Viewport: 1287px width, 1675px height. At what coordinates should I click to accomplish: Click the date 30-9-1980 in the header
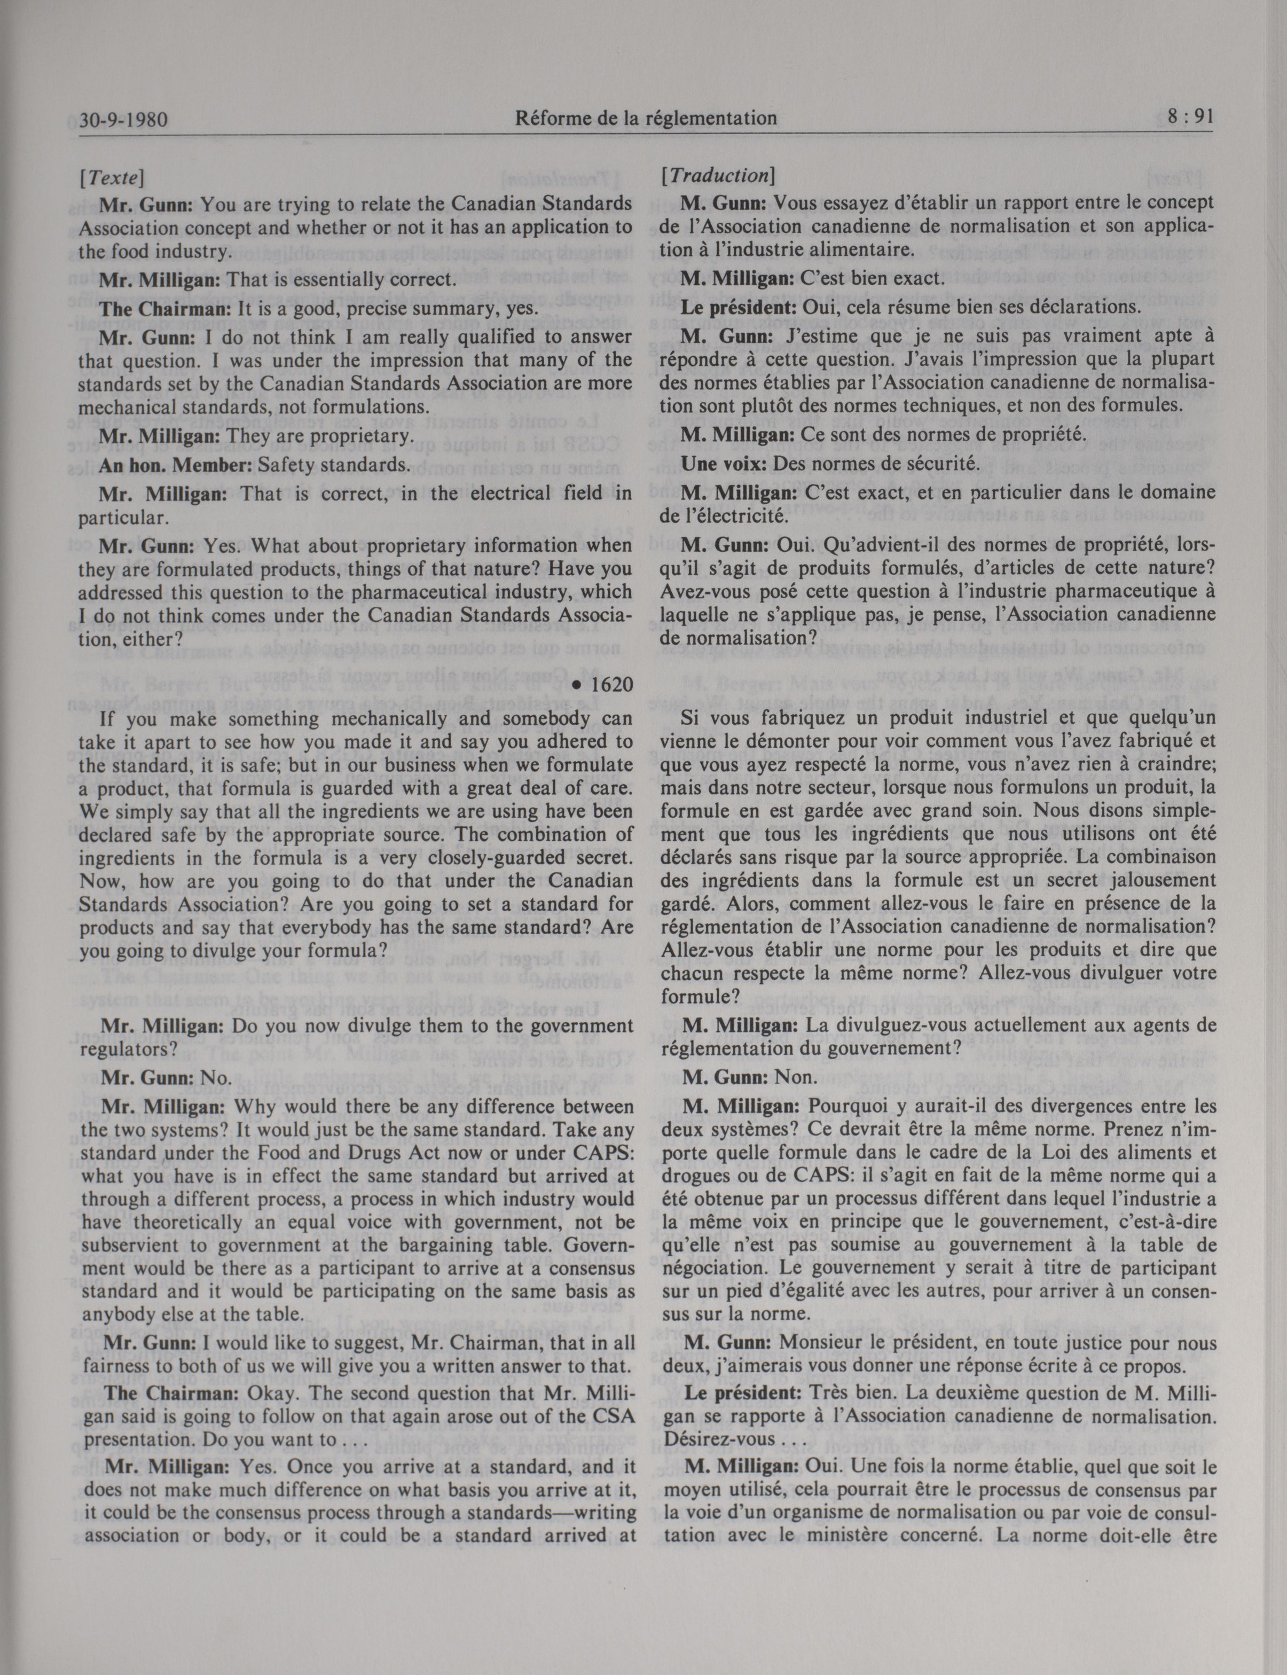(x=123, y=120)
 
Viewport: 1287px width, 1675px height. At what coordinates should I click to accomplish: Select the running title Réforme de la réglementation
(x=646, y=118)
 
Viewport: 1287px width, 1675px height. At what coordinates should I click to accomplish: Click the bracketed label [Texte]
(x=112, y=178)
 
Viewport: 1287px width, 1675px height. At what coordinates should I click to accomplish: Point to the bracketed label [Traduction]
(x=718, y=176)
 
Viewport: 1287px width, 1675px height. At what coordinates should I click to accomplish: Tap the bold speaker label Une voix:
(x=724, y=464)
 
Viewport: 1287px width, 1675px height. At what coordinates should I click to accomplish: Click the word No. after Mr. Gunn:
(x=215, y=1078)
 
